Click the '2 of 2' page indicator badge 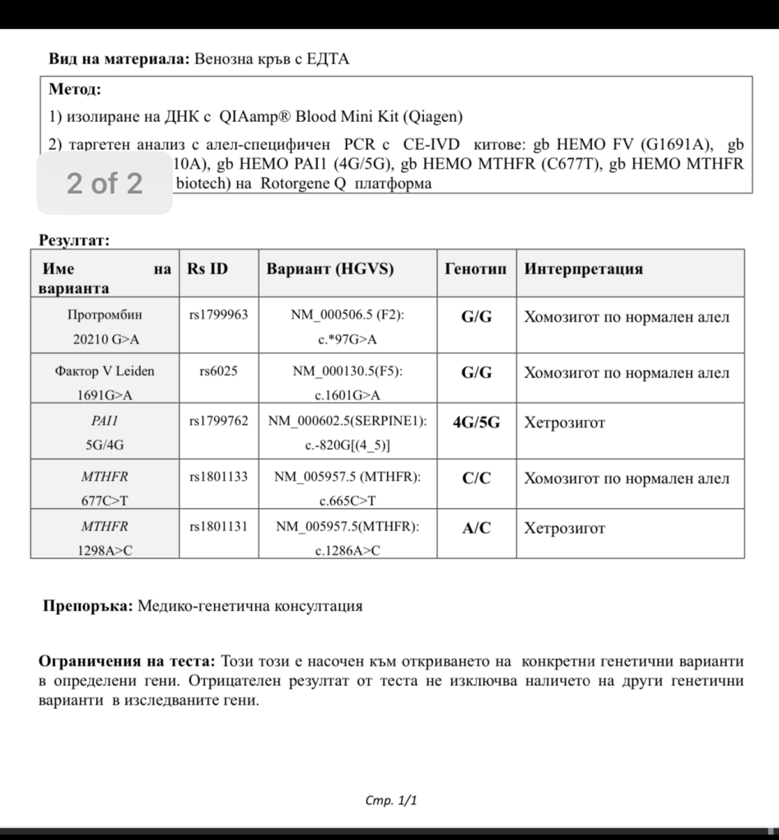coord(105,183)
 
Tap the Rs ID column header coord(208,269)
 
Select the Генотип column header coord(476,269)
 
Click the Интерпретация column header coord(583,269)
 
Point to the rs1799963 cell coord(218,315)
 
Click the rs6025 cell coord(218,371)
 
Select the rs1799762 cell coord(218,422)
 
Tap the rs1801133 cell coord(218,477)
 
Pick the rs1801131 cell coord(218,527)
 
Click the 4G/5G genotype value coord(476,423)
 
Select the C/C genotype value coord(476,478)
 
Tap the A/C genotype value coord(476,529)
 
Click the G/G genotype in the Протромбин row coord(476,317)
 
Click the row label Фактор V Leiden coord(105,371)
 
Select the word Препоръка coord(87,606)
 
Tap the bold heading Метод coord(75,89)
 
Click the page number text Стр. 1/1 coord(390,800)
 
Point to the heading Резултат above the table coord(74,240)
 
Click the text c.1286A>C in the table coord(348,551)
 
